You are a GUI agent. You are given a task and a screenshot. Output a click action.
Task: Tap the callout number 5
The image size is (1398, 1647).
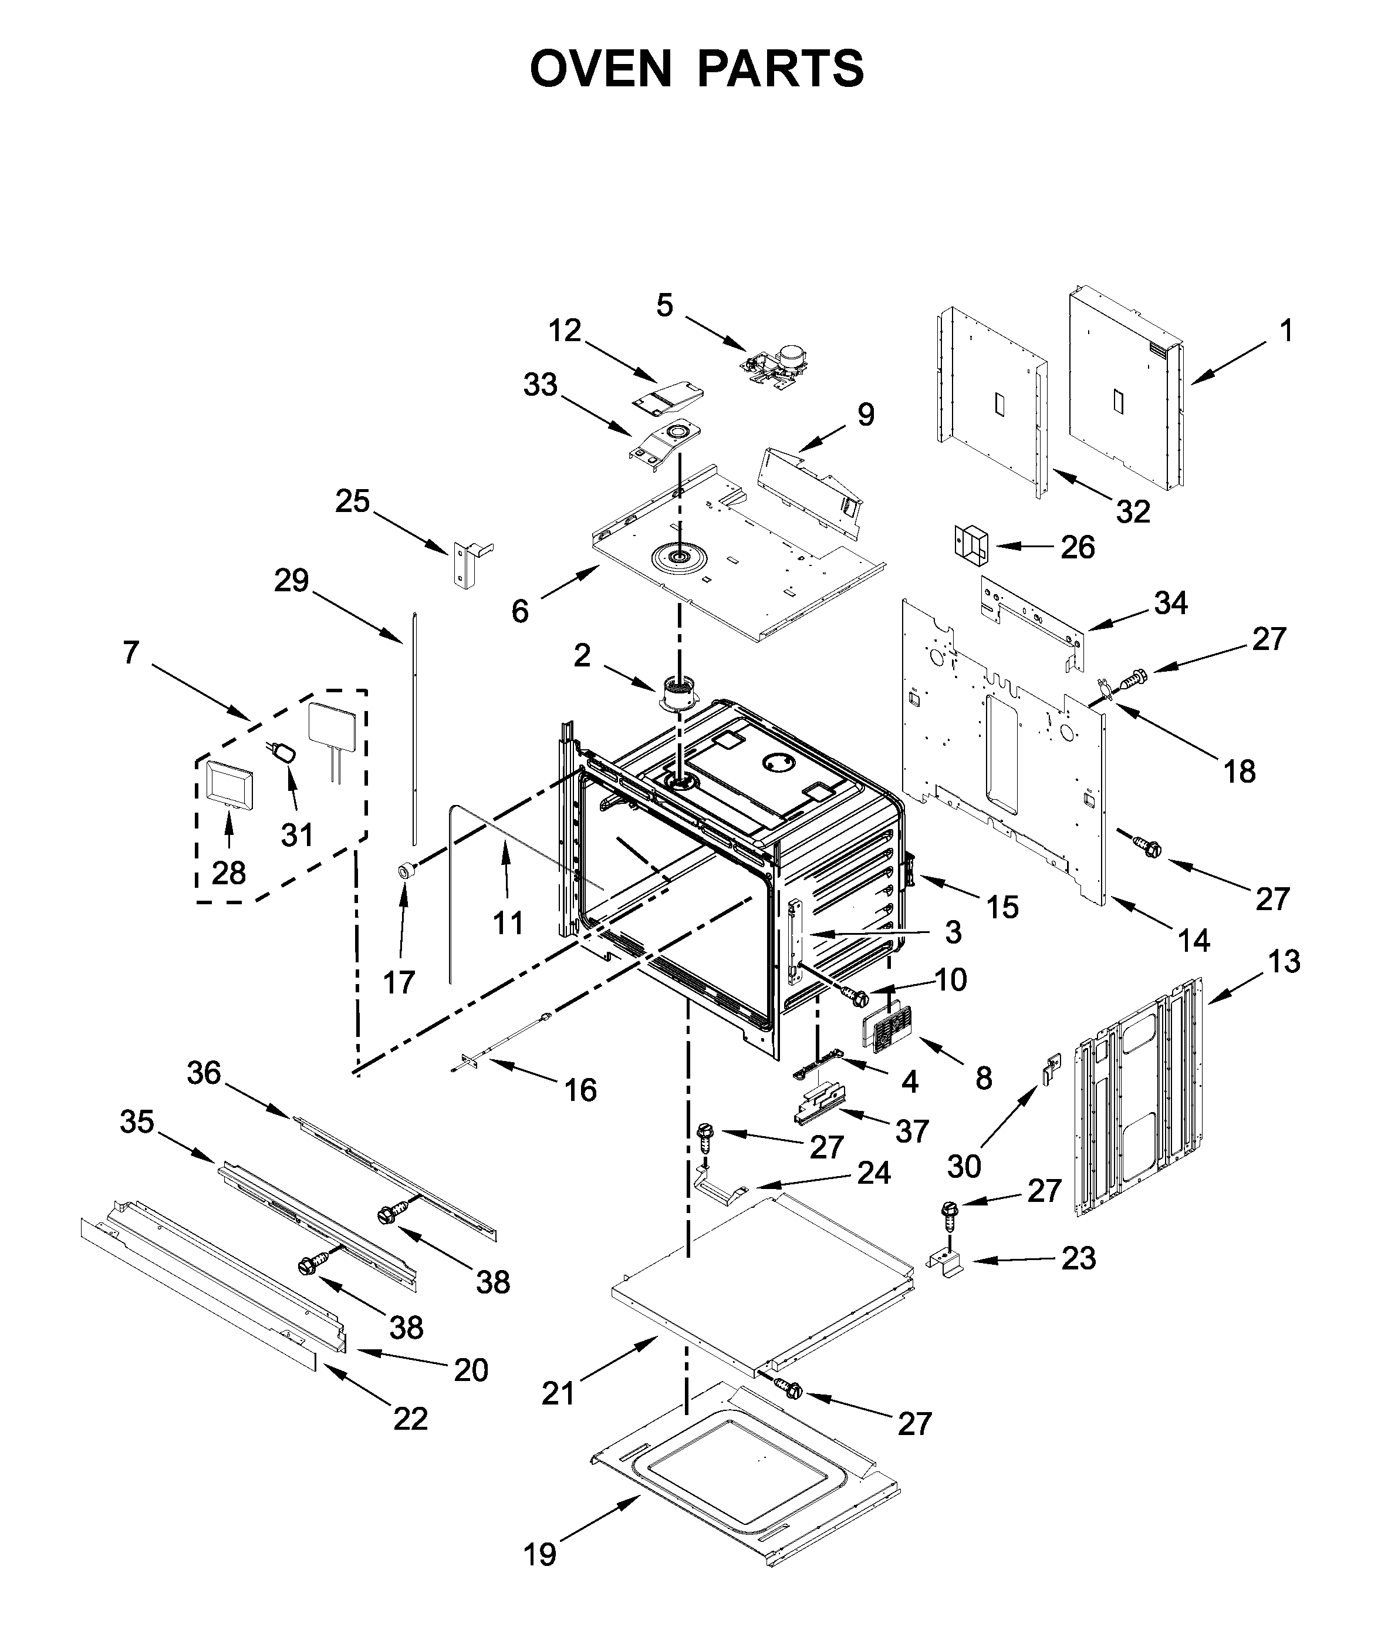[664, 305]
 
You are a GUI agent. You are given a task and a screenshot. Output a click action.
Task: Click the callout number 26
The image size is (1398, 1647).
[1077, 547]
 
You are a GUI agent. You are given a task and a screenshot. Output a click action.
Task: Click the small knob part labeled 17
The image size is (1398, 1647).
[407, 871]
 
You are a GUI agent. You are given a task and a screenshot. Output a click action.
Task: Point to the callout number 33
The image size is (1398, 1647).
[541, 385]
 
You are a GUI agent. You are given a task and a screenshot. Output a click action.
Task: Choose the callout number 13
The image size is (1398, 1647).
[1284, 962]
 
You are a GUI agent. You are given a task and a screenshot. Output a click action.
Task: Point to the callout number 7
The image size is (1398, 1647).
[131, 652]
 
